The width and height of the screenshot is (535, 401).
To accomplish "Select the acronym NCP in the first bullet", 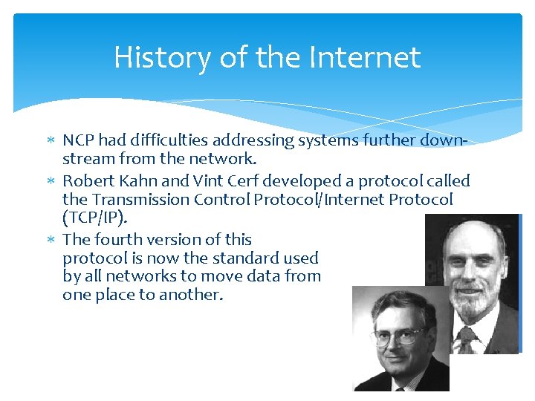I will (79, 140).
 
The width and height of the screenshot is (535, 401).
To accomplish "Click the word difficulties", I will (166, 140).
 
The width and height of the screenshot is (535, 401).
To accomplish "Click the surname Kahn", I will (138, 180).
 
